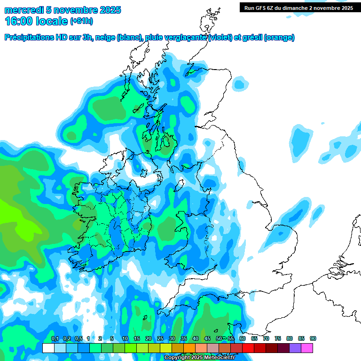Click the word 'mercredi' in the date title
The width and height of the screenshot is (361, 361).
[24, 10]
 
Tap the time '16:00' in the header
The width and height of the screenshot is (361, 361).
[18, 21]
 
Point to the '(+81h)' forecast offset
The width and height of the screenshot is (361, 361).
[82, 21]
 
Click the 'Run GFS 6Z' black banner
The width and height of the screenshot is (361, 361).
[298, 8]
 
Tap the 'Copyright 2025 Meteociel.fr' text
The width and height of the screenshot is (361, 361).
[199, 358]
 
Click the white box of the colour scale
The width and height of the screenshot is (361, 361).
[48, 348]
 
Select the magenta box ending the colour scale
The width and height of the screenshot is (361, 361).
[307, 348]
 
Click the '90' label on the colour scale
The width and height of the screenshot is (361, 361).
[313, 339]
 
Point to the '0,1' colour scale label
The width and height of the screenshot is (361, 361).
[55, 339]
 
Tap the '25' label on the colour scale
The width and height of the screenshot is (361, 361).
[160, 339]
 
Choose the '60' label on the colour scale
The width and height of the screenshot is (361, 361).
[242, 339]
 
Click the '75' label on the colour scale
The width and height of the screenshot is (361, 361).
[277, 339]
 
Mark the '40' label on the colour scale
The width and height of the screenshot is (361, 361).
[195, 339]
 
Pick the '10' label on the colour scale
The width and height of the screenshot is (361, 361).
[125, 339]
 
